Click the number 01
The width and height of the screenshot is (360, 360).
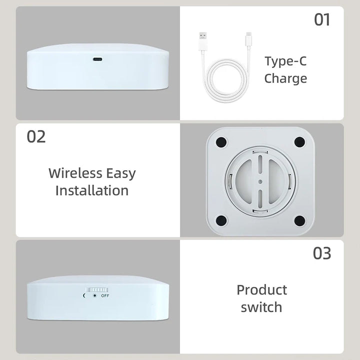pyautogui.click(x=322, y=19)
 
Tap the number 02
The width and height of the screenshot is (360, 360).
pyautogui.click(x=36, y=136)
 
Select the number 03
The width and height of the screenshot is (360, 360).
pyautogui.click(x=322, y=253)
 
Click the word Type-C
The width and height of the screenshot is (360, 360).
pyautogui.click(x=285, y=61)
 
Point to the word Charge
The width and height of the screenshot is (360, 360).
pyautogui.click(x=285, y=78)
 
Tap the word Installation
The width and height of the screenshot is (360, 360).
pyautogui.click(x=92, y=190)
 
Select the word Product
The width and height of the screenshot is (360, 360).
pyautogui.click(x=261, y=289)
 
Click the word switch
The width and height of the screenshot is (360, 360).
pyautogui.click(x=261, y=306)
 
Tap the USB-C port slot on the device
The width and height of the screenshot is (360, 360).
pyautogui.click(x=97, y=58)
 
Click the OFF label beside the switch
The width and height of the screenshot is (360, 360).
pyautogui.click(x=105, y=295)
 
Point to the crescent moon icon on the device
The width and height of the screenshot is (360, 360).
pyautogui.click(x=84, y=295)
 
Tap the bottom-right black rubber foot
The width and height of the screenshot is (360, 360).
pyautogui.click(x=299, y=218)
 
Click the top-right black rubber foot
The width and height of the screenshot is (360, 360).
pyautogui.click(x=299, y=142)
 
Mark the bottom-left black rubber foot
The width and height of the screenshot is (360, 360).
pyautogui.click(x=220, y=218)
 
